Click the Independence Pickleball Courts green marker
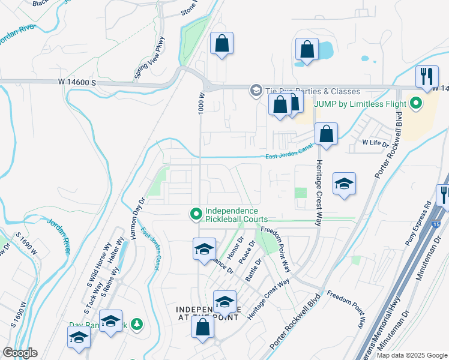195,214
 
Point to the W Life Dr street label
375,143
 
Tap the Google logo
19,352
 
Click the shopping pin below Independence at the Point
203,327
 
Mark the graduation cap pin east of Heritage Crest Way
345,184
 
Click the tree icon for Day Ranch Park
137,324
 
